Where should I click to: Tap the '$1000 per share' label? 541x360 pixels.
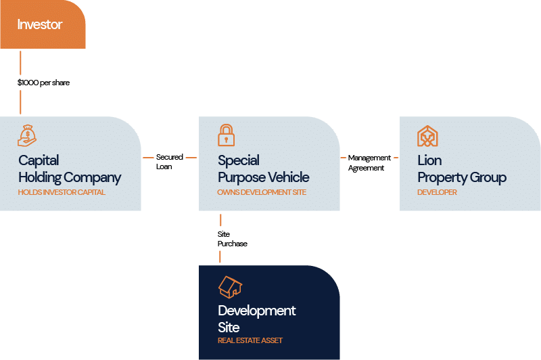point(43,83)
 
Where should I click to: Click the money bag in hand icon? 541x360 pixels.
point(27,135)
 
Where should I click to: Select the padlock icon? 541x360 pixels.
point(227,135)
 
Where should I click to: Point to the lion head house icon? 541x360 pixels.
point(427,136)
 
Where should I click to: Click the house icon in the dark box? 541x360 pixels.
point(230,287)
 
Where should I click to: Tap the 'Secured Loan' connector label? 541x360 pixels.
point(169,162)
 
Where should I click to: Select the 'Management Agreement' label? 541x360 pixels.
point(369,162)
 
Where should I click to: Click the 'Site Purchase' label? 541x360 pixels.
point(232,239)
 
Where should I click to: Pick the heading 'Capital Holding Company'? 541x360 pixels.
point(69,169)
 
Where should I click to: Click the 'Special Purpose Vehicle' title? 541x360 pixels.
point(263,169)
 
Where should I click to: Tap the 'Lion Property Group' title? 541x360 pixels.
point(461,169)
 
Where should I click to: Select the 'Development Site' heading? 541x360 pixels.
point(256,319)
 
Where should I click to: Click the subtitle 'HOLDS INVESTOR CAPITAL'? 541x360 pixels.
point(62,192)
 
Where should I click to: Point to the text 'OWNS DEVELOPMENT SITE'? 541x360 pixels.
point(262,192)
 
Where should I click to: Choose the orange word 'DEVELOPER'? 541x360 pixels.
point(437,192)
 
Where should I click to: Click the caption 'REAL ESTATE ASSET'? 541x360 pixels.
point(250,340)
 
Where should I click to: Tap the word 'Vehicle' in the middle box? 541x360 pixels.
point(287,177)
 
